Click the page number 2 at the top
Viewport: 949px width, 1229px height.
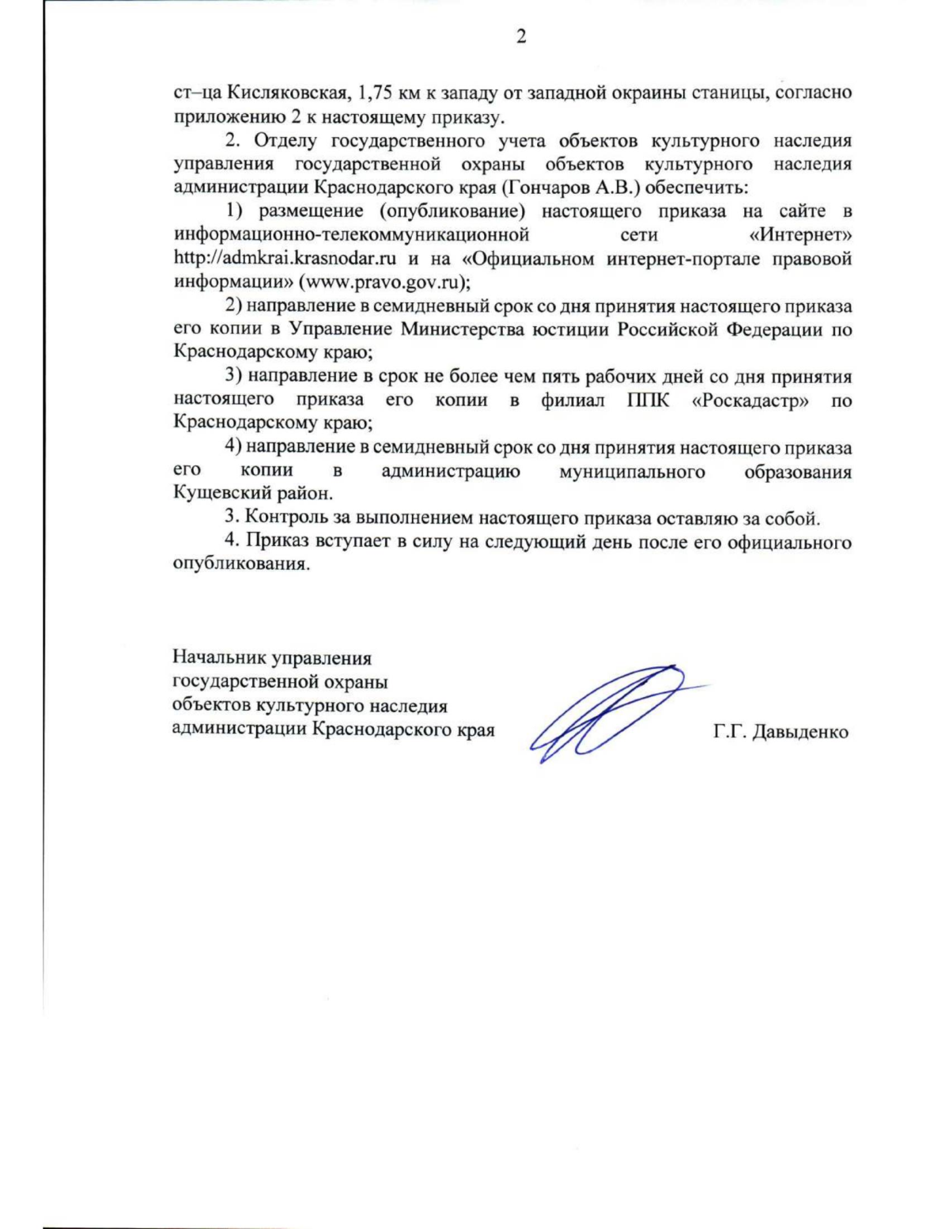click(520, 36)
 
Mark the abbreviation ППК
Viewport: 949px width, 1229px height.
click(648, 400)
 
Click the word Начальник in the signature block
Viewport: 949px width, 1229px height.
click(219, 658)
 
